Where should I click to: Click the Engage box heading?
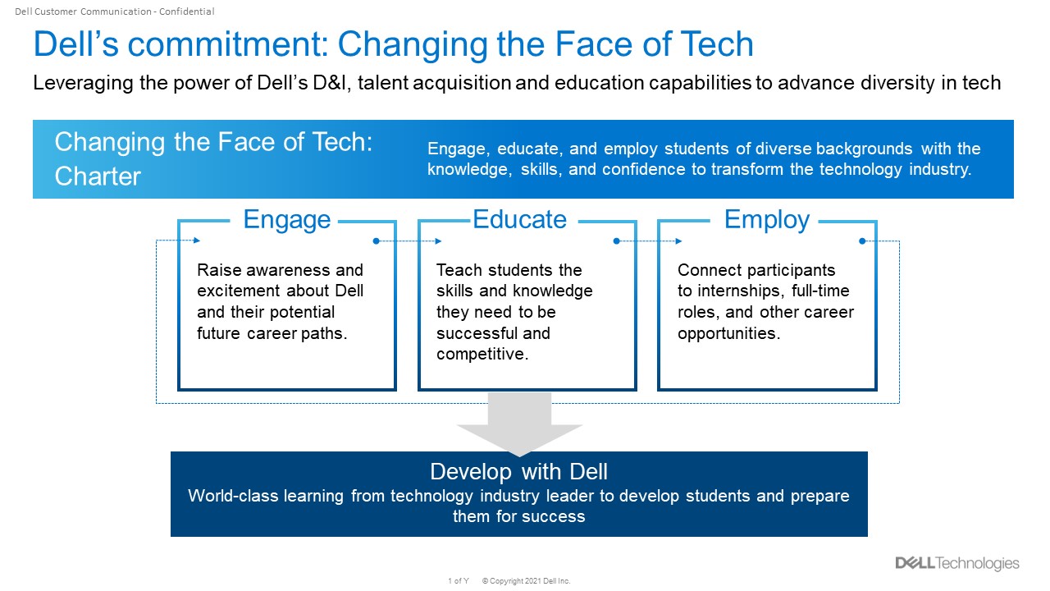click(x=286, y=219)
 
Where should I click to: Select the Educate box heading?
click(x=519, y=219)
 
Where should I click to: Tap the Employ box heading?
click(x=767, y=219)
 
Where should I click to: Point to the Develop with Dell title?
click(x=519, y=471)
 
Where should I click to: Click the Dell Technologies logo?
click(x=957, y=563)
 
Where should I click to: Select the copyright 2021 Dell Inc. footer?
click(x=526, y=580)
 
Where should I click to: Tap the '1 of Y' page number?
click(x=459, y=580)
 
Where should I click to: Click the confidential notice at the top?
click(x=115, y=11)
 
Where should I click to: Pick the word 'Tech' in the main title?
click(x=717, y=44)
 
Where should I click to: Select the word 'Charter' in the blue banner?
click(x=98, y=176)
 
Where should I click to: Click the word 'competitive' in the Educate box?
click(x=482, y=354)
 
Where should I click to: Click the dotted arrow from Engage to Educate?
click(x=408, y=241)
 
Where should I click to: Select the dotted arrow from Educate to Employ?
click(x=648, y=241)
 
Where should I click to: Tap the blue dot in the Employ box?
click(x=862, y=241)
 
